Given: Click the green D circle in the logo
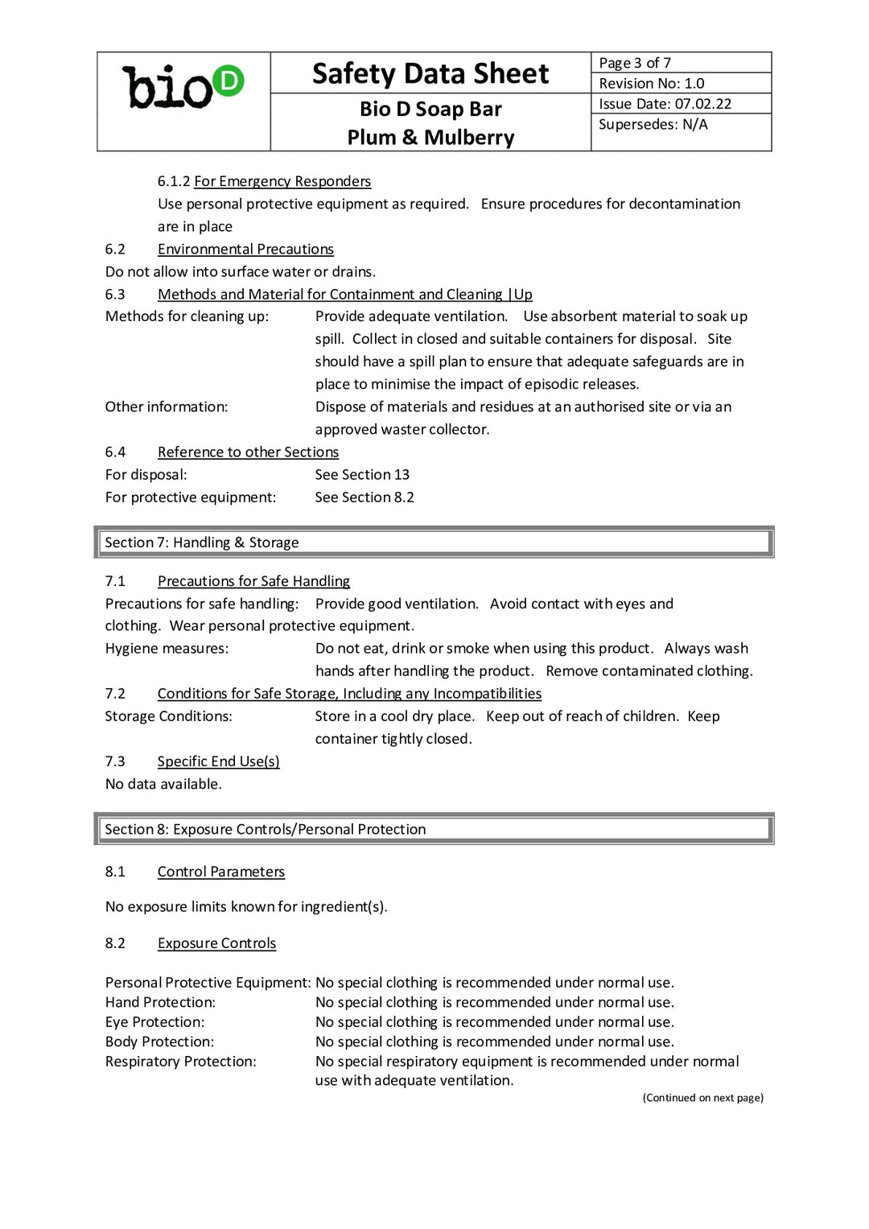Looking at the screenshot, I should point(229,81).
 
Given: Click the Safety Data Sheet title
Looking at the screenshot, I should point(430,73).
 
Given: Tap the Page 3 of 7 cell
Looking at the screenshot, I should point(635,63).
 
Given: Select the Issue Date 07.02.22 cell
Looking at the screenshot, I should point(665,104).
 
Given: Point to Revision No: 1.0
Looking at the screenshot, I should point(652,83).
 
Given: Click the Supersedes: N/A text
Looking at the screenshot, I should point(653,124).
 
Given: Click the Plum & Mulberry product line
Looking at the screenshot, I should point(430,137).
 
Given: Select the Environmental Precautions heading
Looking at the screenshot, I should point(245,249).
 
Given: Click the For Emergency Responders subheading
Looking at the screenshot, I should point(282,181).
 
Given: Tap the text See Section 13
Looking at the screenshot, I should point(362,474).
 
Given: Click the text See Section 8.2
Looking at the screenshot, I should point(364,497).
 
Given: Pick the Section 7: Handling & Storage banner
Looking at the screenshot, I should point(434,542).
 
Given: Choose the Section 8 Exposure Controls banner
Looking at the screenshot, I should point(434,829).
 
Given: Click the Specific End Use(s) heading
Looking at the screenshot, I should point(218,761).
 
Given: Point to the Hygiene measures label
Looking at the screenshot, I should point(167,648).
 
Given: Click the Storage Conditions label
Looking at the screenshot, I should point(168,716).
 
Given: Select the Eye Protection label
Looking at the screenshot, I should point(154,1021).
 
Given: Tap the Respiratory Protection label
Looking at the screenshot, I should point(180,1061).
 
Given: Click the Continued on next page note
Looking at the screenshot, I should point(702,1097).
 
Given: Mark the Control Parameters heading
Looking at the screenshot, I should point(220,871).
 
